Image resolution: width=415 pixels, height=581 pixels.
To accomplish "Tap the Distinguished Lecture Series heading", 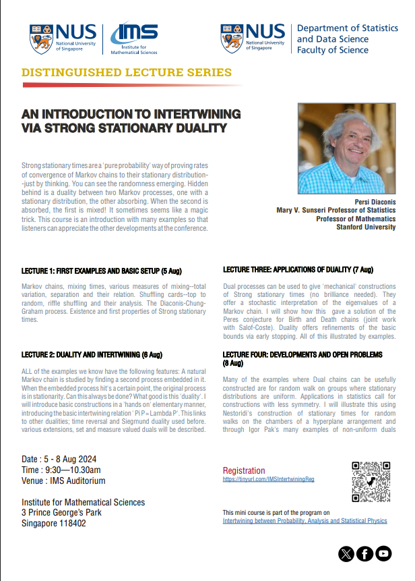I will [x=127, y=73].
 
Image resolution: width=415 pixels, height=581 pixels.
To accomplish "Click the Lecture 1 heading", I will [x=102, y=271].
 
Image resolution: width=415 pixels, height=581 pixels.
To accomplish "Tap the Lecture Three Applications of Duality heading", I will [x=298, y=270].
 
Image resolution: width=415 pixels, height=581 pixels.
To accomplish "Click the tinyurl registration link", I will [x=268, y=479].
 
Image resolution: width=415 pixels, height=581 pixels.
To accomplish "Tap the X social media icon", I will [x=346, y=553].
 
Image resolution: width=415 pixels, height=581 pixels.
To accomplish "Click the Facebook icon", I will [x=365, y=553].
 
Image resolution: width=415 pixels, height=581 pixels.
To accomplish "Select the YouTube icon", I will [x=384, y=553].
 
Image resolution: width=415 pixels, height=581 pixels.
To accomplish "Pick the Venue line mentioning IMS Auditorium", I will [x=63, y=481].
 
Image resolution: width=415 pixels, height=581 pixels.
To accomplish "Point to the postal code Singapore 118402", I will [x=54, y=524].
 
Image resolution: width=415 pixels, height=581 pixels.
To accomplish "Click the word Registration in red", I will [x=244, y=470].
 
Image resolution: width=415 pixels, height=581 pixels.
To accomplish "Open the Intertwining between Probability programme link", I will [x=305, y=521].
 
